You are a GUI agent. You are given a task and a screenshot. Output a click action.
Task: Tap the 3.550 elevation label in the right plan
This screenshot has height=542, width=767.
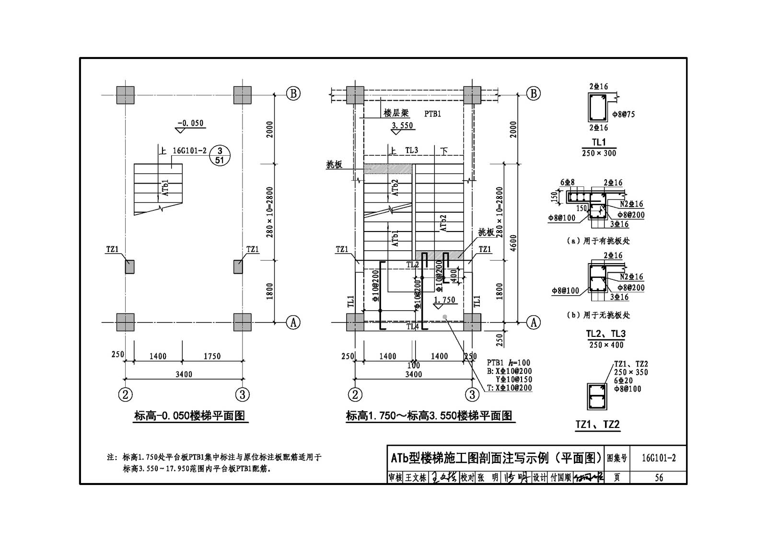tap(402, 126)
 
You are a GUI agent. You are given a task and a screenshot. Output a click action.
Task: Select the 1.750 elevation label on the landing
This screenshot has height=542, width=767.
tap(444, 300)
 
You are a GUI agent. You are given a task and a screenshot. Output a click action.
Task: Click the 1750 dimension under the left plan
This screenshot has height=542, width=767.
tap(212, 356)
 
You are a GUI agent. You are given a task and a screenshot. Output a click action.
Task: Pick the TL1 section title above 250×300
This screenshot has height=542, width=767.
tap(599, 142)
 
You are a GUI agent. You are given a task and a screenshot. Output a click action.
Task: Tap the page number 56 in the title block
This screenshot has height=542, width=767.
tap(659, 477)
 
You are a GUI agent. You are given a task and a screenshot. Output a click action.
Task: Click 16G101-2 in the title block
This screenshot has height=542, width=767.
tap(659, 458)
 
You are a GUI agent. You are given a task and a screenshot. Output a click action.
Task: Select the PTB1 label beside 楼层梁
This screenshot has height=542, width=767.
tap(432, 114)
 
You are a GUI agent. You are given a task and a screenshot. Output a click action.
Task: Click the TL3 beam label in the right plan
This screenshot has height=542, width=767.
tap(411, 150)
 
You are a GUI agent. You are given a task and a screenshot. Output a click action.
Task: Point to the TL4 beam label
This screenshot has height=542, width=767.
tap(413, 327)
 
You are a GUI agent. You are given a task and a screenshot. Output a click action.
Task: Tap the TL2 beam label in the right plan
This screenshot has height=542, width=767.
tap(412, 265)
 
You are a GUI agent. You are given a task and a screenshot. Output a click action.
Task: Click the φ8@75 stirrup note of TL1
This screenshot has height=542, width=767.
tap(624, 115)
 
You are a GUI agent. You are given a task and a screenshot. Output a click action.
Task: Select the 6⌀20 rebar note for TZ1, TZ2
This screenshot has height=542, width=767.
tap(623, 381)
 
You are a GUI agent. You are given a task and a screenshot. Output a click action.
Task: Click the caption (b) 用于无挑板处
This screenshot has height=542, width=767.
tap(598, 315)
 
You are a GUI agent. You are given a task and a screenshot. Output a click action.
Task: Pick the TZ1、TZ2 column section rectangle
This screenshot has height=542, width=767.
tap(597, 396)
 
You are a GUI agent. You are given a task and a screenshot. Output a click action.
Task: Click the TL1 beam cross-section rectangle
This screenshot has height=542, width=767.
tap(597, 107)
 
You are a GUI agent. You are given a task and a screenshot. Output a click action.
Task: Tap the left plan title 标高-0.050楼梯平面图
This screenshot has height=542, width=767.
tap(190, 416)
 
